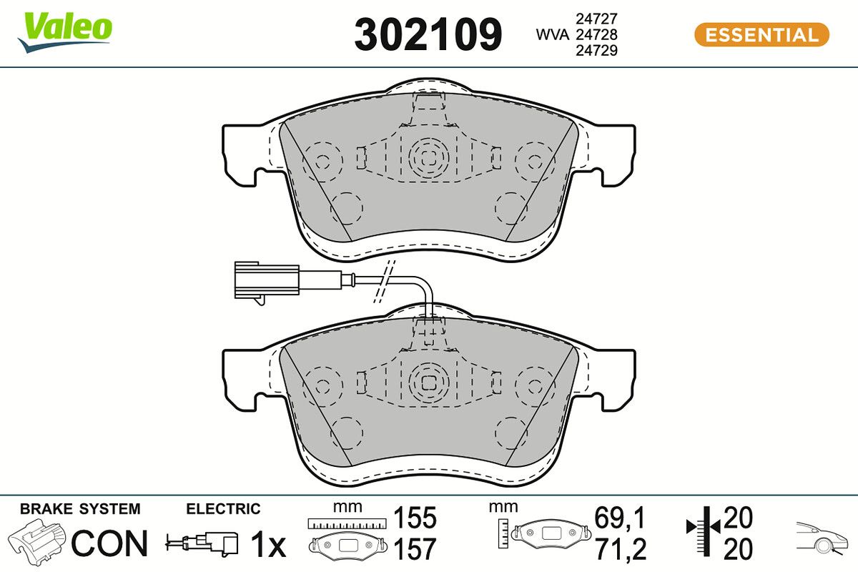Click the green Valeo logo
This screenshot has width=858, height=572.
[x=64, y=31]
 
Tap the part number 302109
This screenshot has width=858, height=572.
[x=428, y=34]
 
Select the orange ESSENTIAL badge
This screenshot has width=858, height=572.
[x=762, y=35]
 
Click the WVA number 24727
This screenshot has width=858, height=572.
[x=596, y=19]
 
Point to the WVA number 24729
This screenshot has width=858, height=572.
[x=596, y=50]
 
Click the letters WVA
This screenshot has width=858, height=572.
[x=552, y=34]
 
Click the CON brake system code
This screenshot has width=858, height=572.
[x=109, y=543]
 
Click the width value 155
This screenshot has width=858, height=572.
[x=415, y=518]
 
